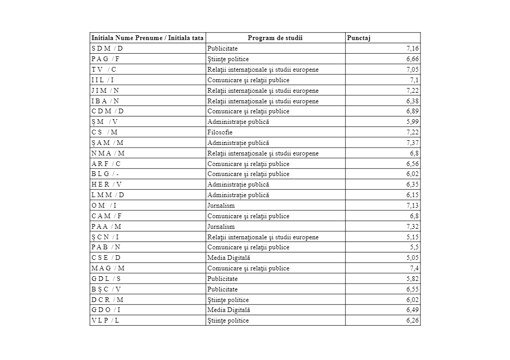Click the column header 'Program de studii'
[275, 38]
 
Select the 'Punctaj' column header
[359, 38]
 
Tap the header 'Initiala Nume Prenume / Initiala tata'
[148, 38]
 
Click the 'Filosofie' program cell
[220, 132]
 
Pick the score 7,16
[413, 48]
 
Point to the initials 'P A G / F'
[106, 59]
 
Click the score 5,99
[413, 122]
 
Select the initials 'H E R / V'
[106, 184]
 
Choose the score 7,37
[413, 143]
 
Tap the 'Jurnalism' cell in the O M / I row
[221, 206]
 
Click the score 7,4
[414, 268]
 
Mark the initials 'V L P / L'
[105, 320]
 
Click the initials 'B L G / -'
[105, 174]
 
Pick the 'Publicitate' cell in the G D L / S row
[222, 279]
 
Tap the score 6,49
[413, 310]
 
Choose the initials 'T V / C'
[104, 70]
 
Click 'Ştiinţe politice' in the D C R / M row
[228, 299]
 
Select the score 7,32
[413, 227]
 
